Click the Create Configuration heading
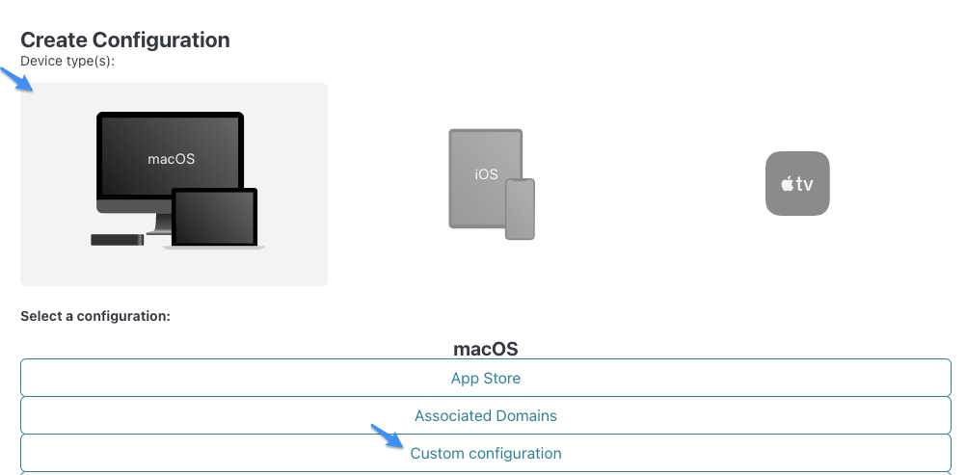[125, 40]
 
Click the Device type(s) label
[67, 61]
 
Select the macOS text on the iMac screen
[172, 159]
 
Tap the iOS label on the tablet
[486, 174]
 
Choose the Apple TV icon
[797, 184]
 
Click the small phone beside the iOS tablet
[520, 209]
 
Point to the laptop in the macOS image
[213, 219]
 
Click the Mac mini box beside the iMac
[117, 240]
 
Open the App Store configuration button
[486, 378]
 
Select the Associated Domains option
[486, 416]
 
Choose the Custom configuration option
[486, 454]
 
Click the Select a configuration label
[95, 316]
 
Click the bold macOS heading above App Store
[486, 349]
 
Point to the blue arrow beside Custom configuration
[388, 436]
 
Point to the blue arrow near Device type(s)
[16, 79]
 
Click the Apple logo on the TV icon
[788, 184]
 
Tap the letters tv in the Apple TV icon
[805, 184]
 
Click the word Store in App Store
[504, 378]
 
